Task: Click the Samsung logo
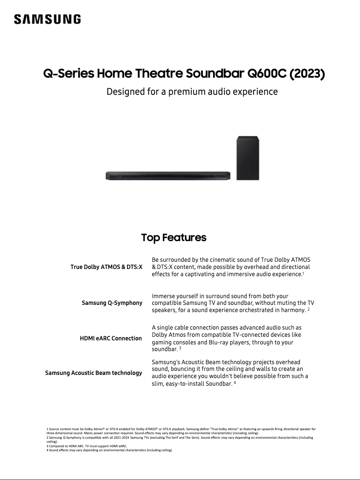click(48, 19)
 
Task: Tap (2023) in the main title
click(307, 73)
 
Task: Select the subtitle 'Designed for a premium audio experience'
click(192, 92)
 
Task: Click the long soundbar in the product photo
click(168, 175)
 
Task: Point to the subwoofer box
click(248, 158)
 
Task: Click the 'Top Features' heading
click(174, 238)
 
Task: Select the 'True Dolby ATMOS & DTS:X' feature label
click(106, 267)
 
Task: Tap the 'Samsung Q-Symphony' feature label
click(112, 303)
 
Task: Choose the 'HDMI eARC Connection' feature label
click(110, 338)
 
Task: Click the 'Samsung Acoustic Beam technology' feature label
click(93, 373)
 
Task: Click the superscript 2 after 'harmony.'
click(309, 309)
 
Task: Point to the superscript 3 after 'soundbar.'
click(180, 348)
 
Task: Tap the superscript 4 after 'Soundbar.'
click(235, 383)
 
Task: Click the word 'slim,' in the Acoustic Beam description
click(159, 383)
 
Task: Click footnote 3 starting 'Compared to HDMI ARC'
click(87, 446)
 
